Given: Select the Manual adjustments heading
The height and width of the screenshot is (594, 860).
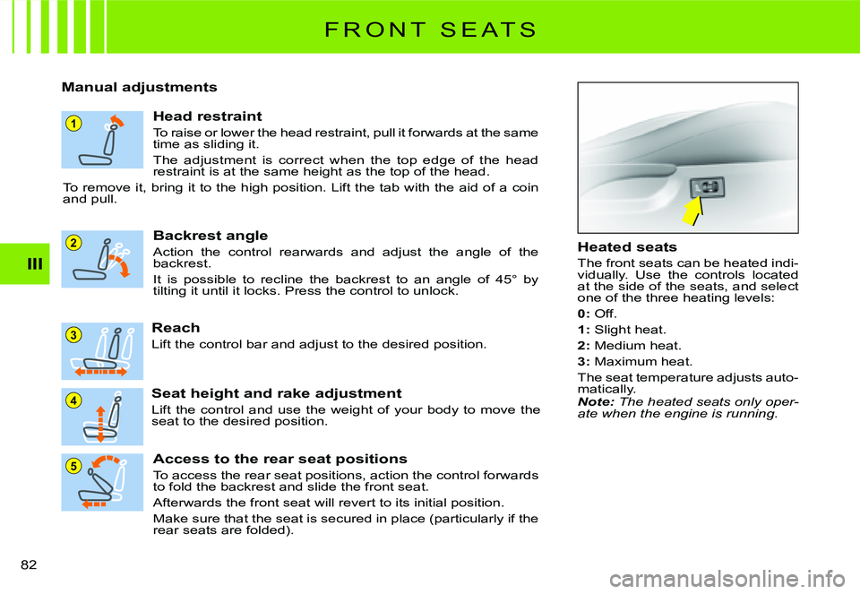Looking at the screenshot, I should (139, 87).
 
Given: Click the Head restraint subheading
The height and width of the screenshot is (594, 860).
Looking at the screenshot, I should (207, 116).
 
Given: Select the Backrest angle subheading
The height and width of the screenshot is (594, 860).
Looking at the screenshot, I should (211, 235).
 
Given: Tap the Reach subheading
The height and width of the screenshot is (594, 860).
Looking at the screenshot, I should (176, 328).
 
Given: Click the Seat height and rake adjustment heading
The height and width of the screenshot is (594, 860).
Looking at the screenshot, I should (276, 392).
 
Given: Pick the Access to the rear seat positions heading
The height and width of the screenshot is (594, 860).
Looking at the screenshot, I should (279, 458).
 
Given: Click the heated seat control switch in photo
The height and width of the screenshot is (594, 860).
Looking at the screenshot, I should (707, 188).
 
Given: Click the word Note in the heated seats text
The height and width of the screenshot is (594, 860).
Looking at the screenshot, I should (595, 401).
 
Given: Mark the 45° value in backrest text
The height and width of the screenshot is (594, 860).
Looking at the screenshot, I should (502, 280).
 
